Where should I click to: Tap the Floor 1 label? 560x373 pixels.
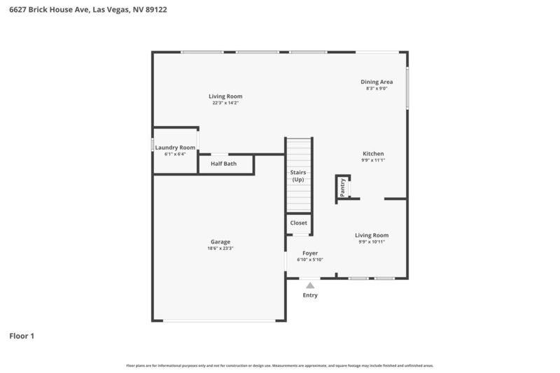(22, 336)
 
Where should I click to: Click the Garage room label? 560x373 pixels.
(220, 241)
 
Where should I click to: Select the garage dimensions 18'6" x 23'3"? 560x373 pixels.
(220, 248)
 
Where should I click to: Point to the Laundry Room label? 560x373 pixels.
(175, 148)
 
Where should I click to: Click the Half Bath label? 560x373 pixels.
(223, 164)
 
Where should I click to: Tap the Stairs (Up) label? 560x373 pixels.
(298, 176)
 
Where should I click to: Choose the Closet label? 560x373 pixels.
(298, 223)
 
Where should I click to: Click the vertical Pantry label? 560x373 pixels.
(343, 187)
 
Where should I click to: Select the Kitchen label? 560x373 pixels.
(373, 154)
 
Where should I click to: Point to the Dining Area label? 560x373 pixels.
(377, 82)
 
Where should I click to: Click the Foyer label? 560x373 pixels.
(310, 253)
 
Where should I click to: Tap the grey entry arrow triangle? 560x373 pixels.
(310, 285)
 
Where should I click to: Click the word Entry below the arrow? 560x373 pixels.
(310, 295)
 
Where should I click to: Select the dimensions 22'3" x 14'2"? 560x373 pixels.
(225, 103)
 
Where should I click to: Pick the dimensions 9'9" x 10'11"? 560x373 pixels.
(372, 242)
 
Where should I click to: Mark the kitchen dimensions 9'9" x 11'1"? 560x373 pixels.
(373, 160)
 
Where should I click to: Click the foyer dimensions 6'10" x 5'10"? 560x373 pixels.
(310, 260)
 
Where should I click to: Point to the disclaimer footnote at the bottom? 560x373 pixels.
(279, 365)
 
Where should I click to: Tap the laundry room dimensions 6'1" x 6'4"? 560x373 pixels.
(175, 154)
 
